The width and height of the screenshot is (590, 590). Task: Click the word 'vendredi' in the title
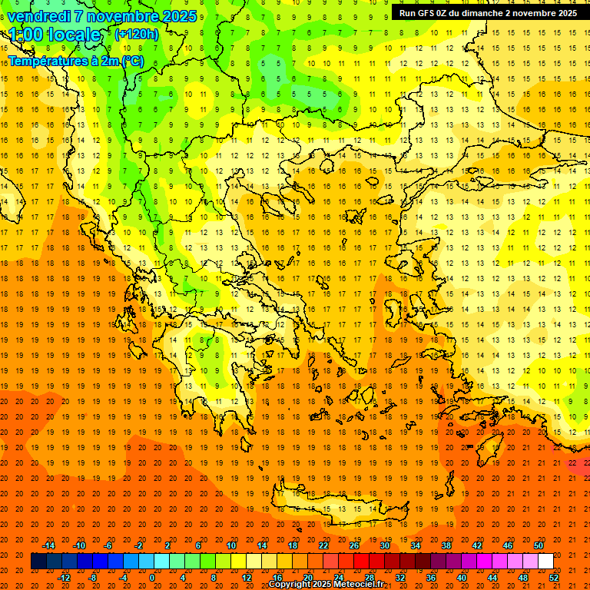tap(40, 15)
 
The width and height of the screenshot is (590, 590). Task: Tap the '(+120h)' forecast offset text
tap(136, 34)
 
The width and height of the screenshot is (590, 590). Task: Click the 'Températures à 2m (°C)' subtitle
tap(75, 61)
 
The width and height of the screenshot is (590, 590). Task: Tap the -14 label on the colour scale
tap(49, 545)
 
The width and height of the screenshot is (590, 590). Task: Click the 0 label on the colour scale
tap(151, 578)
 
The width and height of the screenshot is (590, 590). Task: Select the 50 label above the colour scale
tap(539, 545)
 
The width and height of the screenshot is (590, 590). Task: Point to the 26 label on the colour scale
tap(354, 545)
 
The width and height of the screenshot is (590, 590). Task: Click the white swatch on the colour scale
tap(545, 561)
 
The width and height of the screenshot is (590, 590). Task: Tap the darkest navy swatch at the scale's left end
tap(38, 561)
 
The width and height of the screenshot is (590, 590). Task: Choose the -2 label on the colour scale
tap(139, 545)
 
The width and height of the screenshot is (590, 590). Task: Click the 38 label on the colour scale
tap(446, 545)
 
